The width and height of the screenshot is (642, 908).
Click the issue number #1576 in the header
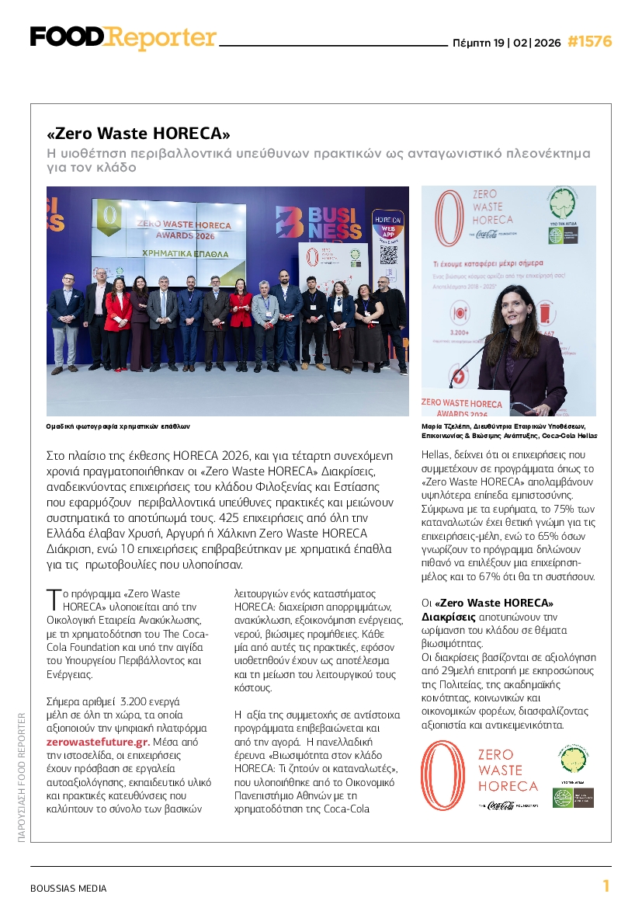(x=589, y=41)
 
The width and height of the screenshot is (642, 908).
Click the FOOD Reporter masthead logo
(x=123, y=37)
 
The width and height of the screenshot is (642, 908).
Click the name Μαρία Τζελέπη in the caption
(x=446, y=426)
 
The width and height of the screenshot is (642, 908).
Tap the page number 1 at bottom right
(x=606, y=886)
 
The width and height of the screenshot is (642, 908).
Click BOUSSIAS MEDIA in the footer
(x=68, y=888)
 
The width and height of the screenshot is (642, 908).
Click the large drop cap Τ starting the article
(x=53, y=600)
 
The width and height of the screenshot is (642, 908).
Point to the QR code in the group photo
(x=388, y=256)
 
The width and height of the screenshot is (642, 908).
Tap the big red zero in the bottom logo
(x=443, y=776)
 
